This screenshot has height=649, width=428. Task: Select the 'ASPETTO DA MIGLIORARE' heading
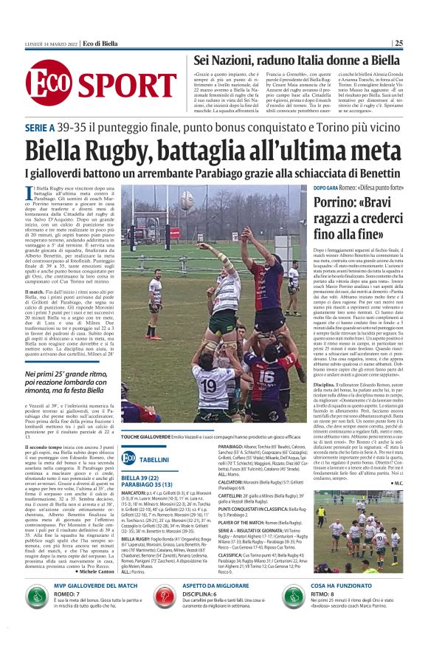[x=216, y=586]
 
